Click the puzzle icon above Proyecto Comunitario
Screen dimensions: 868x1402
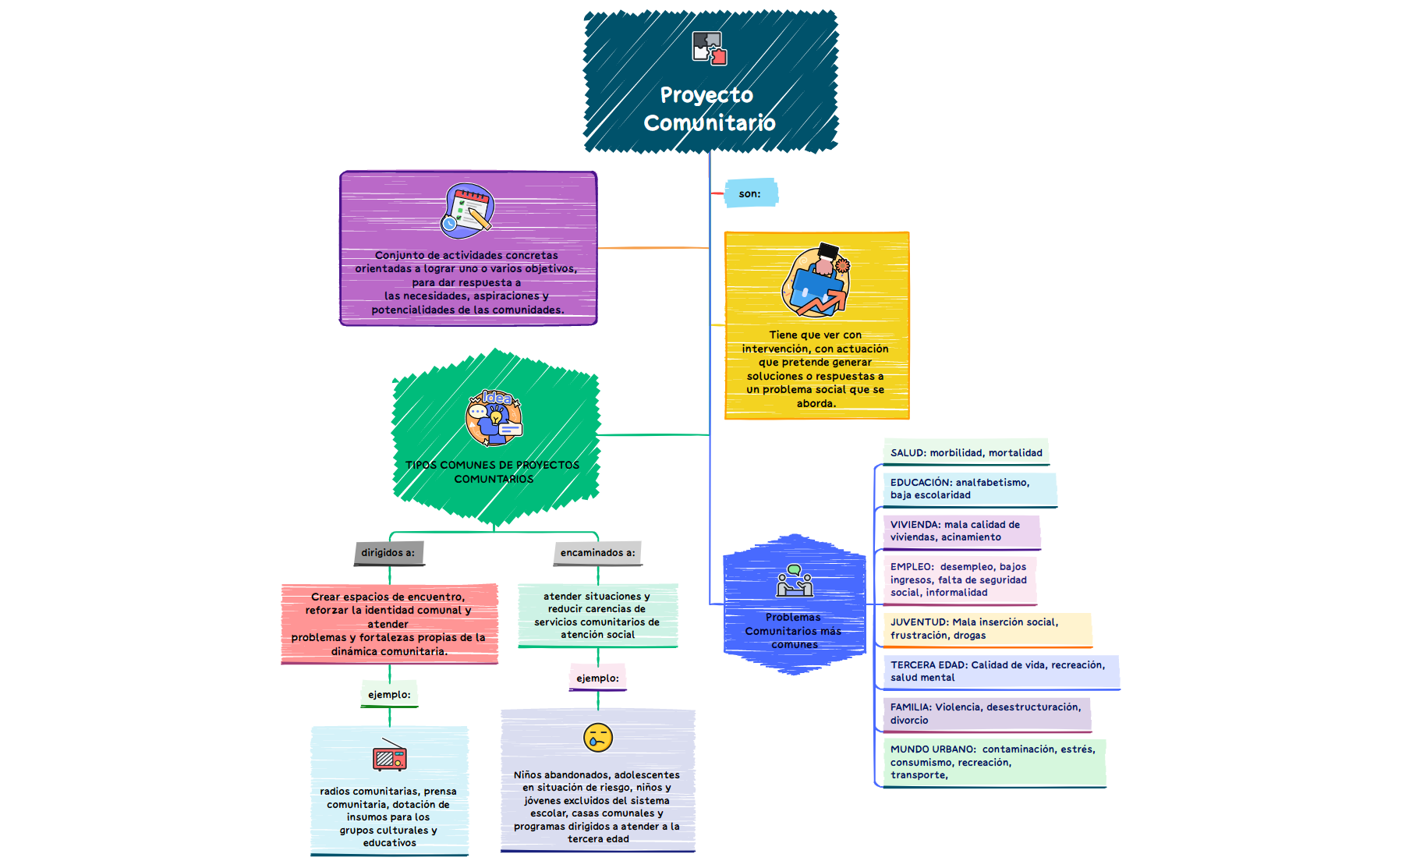pos(709,48)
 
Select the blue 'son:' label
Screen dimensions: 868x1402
pos(750,193)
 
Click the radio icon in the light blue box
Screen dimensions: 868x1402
pos(389,756)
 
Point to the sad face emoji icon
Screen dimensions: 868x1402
pos(597,737)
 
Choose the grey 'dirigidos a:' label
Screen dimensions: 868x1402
pos(388,552)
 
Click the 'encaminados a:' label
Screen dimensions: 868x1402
pos(597,552)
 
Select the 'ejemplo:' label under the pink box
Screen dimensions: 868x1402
pos(389,694)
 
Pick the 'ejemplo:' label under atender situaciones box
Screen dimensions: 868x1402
pos(597,678)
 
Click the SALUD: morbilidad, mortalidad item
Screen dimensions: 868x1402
pos(965,452)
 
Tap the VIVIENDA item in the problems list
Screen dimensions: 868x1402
pos(961,531)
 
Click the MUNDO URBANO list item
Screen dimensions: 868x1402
pos(993,762)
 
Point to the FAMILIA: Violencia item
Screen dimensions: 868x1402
pos(986,714)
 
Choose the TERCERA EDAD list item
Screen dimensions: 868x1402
pos(1000,671)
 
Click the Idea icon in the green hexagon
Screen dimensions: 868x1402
pos(494,418)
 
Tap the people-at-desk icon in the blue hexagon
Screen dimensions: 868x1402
pos(794,580)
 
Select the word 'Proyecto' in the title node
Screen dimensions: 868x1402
pos(706,95)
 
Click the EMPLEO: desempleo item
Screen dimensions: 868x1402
pos(959,579)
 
